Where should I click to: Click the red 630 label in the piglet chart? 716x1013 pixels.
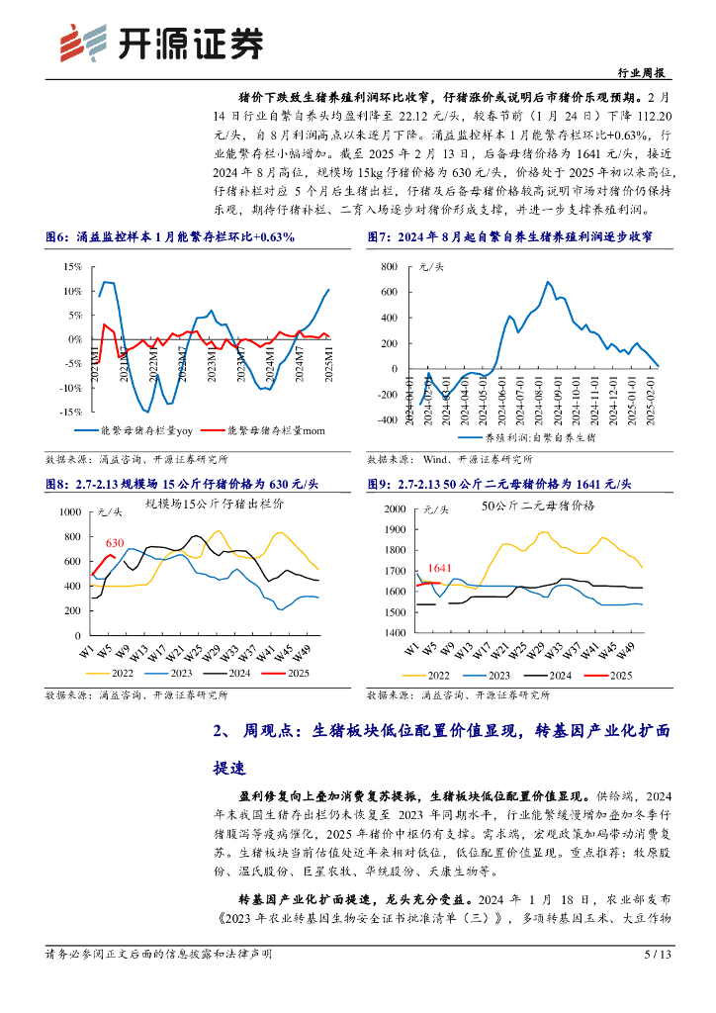pyautogui.click(x=115, y=543)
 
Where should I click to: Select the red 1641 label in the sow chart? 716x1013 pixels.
pyautogui.click(x=440, y=568)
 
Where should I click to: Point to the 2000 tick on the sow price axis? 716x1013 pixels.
pyautogui.click(x=394, y=508)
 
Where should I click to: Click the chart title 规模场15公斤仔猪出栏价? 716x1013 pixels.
pyautogui.click(x=214, y=505)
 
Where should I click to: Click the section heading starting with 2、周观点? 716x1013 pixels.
pyautogui.click(x=441, y=732)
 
